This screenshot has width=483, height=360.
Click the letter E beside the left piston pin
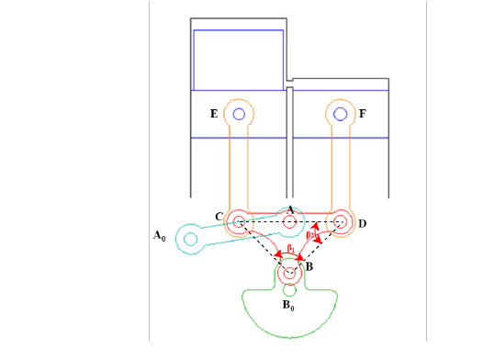pos(214,114)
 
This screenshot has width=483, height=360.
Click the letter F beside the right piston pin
pos(363,114)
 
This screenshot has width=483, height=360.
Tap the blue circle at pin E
pos(239,114)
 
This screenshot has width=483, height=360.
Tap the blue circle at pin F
pos(341,114)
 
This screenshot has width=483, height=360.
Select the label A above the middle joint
pos(290,209)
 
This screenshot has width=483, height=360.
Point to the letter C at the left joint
pos(219,217)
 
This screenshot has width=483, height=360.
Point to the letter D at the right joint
pos(362,223)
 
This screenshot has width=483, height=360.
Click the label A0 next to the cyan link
pos(159,236)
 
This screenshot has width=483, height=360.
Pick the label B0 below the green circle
pos(287,305)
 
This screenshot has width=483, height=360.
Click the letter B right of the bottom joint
pos(309,266)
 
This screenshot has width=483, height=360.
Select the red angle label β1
pos(290,249)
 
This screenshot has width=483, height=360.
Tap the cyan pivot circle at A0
pos(191,240)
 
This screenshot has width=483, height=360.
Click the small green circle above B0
pos(290,291)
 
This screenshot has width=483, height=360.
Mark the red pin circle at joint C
pos(239,221)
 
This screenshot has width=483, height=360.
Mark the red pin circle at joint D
pos(341,221)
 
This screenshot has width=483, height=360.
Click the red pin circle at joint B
pos(290,273)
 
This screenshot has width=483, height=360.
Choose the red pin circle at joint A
pos(290,221)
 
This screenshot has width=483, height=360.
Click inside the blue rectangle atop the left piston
pos(238,60)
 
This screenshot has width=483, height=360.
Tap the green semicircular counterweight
pos(290,317)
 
